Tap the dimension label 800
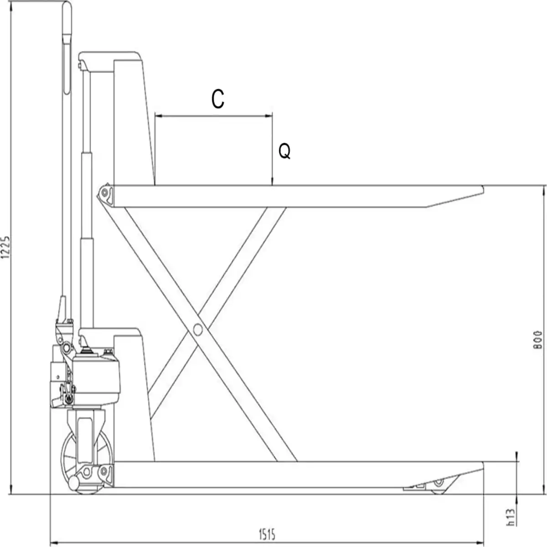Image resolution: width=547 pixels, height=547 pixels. coord(537,340)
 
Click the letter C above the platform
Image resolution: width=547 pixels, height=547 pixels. coord(218,99)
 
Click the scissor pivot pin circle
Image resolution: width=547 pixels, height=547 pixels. coord(197,330)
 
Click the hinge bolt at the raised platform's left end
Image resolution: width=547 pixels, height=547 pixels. coord(104,192)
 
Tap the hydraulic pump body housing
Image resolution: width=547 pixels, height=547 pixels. coord(97,380)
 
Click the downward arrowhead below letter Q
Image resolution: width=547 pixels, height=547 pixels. coord(272,182)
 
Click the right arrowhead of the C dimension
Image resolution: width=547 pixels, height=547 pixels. coord(268,115)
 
